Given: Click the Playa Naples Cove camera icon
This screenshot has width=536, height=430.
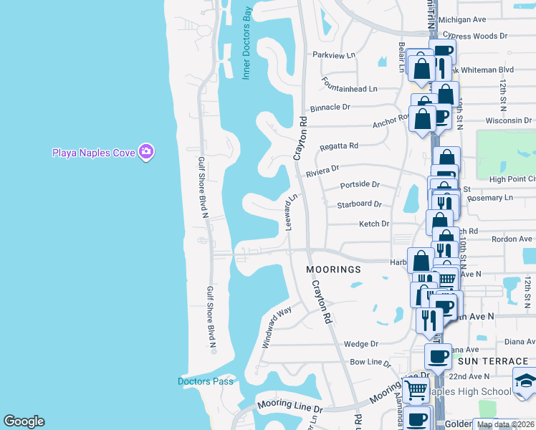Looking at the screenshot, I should pos(147,152).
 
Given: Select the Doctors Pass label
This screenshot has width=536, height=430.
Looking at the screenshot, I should pos(206,381).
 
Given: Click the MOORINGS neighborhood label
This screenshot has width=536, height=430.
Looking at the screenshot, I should pos(333,270).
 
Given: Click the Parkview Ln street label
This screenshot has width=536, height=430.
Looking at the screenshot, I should pos(334,55).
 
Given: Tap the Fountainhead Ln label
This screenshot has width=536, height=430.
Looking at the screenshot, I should pos(349,84).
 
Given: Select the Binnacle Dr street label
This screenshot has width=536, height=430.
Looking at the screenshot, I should pos(330,107).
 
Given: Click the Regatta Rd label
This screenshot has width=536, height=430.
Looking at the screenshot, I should pos(338,145).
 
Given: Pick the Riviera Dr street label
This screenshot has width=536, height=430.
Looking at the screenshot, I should pos(322,171).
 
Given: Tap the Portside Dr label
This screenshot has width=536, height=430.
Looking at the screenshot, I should pos(360,185).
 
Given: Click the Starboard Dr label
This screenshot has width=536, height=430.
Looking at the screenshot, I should pos(359,204).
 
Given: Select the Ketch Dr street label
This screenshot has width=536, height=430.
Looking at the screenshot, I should pos(374,224).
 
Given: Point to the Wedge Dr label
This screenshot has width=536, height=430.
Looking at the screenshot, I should pos(360,344).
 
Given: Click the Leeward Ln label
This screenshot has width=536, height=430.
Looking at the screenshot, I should pos(291,211).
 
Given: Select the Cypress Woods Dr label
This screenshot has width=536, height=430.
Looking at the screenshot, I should pos(474,34).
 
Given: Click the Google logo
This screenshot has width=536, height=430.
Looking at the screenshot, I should pos(24,421).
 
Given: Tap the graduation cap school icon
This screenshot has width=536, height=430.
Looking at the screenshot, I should pos(525,380).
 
